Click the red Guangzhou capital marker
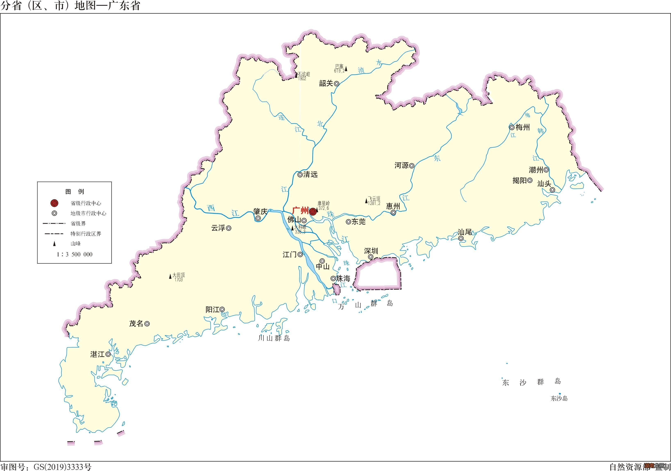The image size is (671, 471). (313, 211)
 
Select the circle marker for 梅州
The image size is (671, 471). (512, 127)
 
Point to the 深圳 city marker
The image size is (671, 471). (371, 257)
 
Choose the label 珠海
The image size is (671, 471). (343, 279)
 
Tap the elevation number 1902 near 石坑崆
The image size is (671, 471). (302, 79)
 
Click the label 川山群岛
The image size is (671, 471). (274, 338)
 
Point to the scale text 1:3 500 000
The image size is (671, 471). (75, 255)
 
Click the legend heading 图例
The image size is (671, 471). (75, 192)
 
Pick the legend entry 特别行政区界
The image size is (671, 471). (86, 234)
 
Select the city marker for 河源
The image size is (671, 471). (411, 166)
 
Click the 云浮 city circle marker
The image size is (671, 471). (229, 228)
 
